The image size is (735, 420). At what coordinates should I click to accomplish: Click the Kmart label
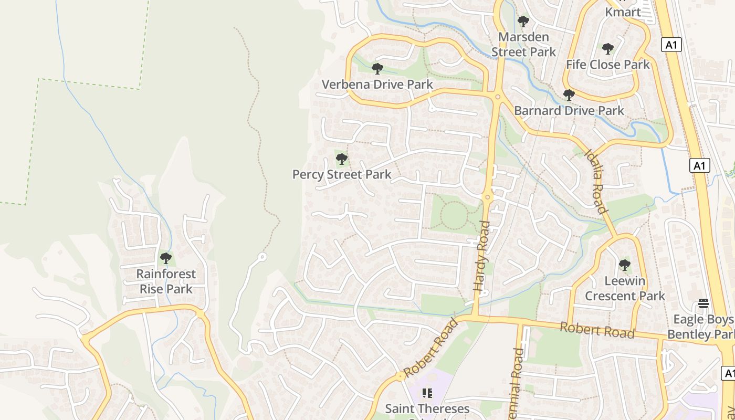(x=623, y=12)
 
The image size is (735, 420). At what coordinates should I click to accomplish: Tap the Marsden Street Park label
(x=523, y=45)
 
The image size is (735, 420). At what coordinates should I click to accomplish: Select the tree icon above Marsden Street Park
(x=523, y=22)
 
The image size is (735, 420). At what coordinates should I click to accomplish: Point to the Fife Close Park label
(x=607, y=65)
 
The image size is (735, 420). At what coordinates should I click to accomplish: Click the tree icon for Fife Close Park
(x=608, y=49)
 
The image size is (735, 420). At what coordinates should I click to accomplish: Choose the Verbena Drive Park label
(x=377, y=84)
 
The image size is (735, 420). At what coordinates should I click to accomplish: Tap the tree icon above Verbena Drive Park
(x=377, y=68)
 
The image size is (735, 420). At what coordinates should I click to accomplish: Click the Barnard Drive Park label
(x=569, y=111)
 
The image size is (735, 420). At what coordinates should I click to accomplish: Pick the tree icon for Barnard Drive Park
(x=569, y=95)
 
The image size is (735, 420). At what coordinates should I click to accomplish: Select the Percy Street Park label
(x=342, y=174)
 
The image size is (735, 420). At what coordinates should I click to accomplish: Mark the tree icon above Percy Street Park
(x=342, y=159)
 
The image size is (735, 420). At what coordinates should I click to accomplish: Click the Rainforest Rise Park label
(x=166, y=281)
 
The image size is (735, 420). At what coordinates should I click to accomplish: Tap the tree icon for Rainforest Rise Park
(x=166, y=258)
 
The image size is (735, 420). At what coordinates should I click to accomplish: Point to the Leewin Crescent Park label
(x=625, y=288)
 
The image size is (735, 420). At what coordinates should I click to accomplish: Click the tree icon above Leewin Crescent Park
(x=624, y=265)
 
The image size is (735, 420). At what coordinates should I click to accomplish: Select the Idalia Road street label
(x=596, y=182)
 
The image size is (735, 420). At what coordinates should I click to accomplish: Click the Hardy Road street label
(x=482, y=256)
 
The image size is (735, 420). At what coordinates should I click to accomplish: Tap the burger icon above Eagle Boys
(x=703, y=303)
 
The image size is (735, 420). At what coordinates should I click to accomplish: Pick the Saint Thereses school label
(x=427, y=408)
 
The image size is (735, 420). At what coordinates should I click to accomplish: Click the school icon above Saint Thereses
(x=427, y=393)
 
